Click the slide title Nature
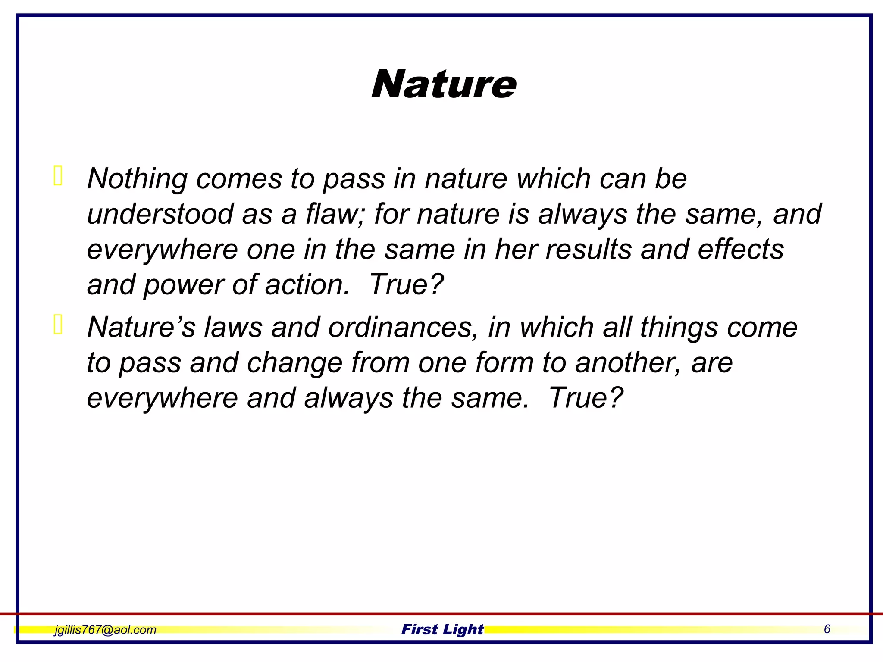point(444,84)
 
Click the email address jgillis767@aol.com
point(105,630)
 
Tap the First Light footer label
point(442,629)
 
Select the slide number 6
point(827,629)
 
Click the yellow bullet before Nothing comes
point(58,176)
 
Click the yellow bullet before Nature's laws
point(58,325)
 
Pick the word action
point(307,285)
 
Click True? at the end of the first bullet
point(407,285)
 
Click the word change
point(294,363)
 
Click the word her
point(515,250)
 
